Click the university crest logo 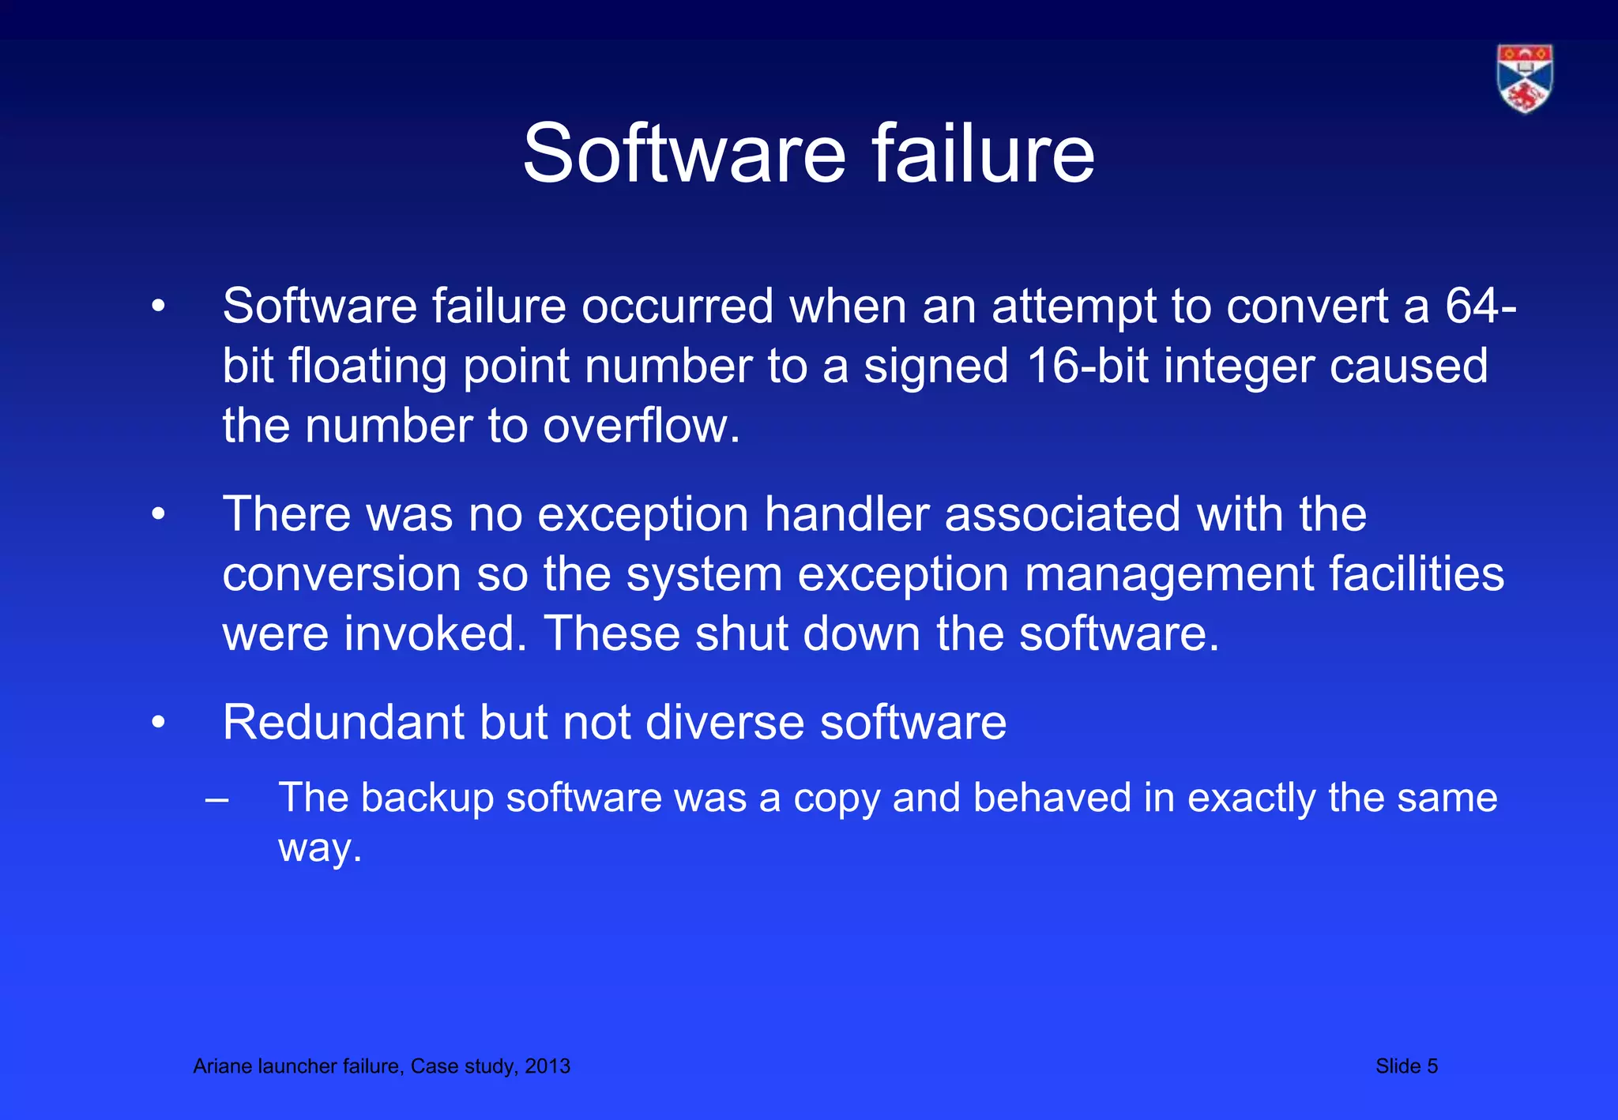[x=1525, y=78]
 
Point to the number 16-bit [x=1093, y=366]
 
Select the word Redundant [x=343, y=722]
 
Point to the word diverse [x=724, y=722]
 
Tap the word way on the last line [x=319, y=848]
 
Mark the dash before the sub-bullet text [x=216, y=799]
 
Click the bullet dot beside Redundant [x=159, y=723]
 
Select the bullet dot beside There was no [x=159, y=515]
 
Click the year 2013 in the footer [x=547, y=1066]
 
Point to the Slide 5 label [x=1406, y=1066]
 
